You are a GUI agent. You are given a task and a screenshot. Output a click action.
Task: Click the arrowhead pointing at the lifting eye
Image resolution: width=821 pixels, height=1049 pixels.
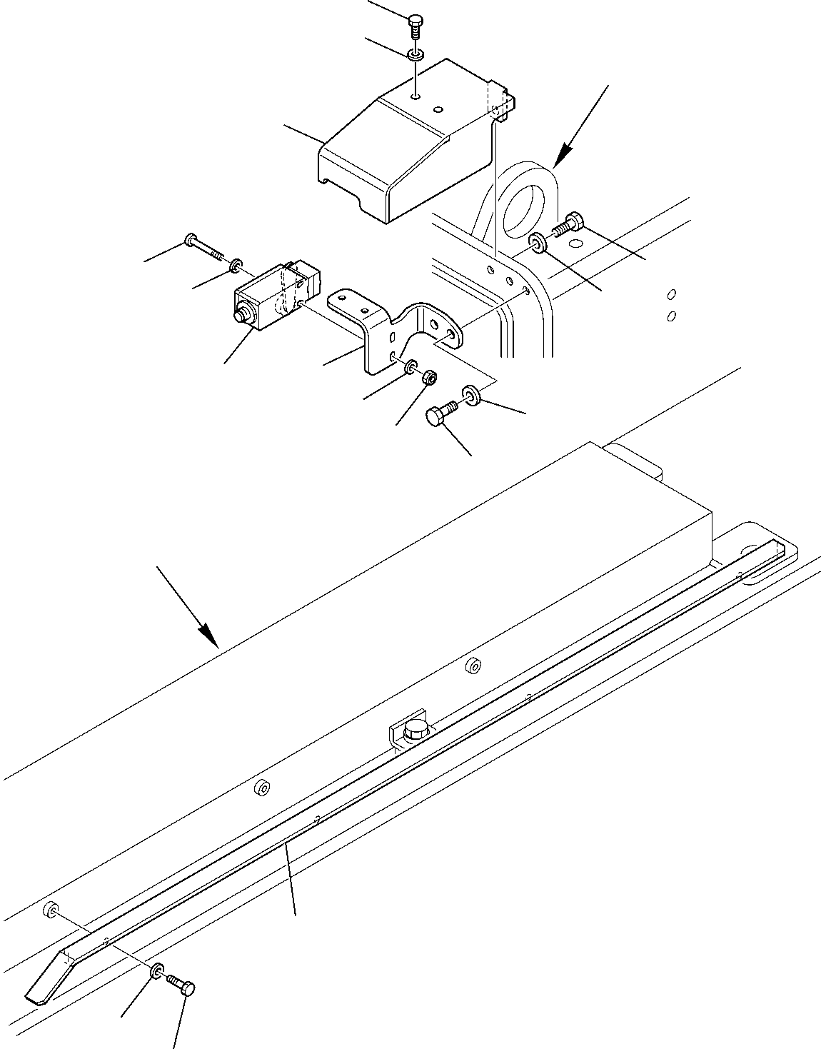point(565,154)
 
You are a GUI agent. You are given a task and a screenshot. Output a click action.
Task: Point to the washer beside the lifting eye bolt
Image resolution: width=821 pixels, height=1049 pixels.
point(539,244)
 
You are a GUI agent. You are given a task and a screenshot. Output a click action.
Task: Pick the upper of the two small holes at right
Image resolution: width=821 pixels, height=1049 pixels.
point(671,294)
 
